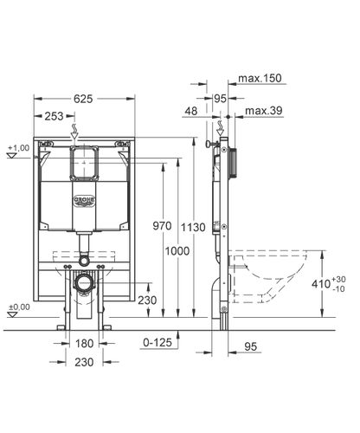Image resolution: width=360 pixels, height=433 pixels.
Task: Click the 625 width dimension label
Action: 83,99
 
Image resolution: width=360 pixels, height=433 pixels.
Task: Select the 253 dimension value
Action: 54,116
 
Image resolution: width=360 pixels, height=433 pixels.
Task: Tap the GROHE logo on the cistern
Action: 84,201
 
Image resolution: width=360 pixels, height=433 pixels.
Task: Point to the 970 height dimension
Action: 162,226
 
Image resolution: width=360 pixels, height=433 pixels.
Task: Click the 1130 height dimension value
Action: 193,227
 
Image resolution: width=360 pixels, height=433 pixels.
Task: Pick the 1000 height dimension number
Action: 177,251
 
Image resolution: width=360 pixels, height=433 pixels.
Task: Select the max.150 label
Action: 260,78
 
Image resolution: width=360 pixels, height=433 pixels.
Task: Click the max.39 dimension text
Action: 264,111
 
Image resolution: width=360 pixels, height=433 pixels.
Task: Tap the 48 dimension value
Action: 191,111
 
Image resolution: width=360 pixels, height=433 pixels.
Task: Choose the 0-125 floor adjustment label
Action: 157,342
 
